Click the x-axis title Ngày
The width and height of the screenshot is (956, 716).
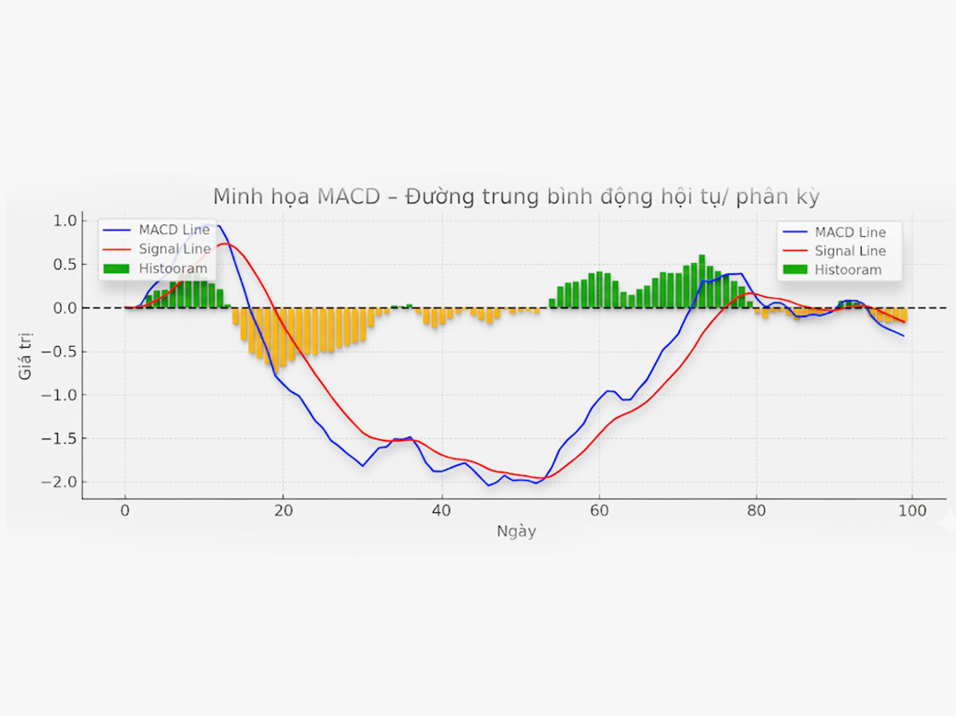pyautogui.click(x=516, y=531)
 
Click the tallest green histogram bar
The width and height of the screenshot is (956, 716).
pyautogui.click(x=702, y=280)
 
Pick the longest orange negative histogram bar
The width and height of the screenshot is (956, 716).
pyautogui.click(x=282, y=338)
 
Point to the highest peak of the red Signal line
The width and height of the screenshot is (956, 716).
pyautogui.click(x=227, y=244)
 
